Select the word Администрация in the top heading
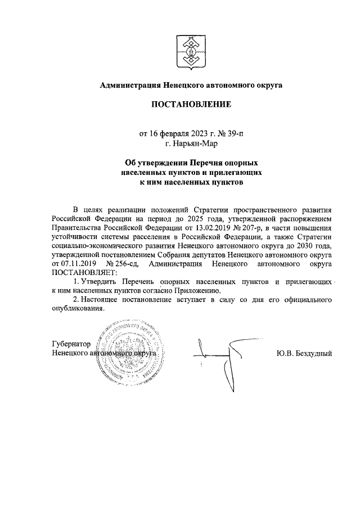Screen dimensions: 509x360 129,85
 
